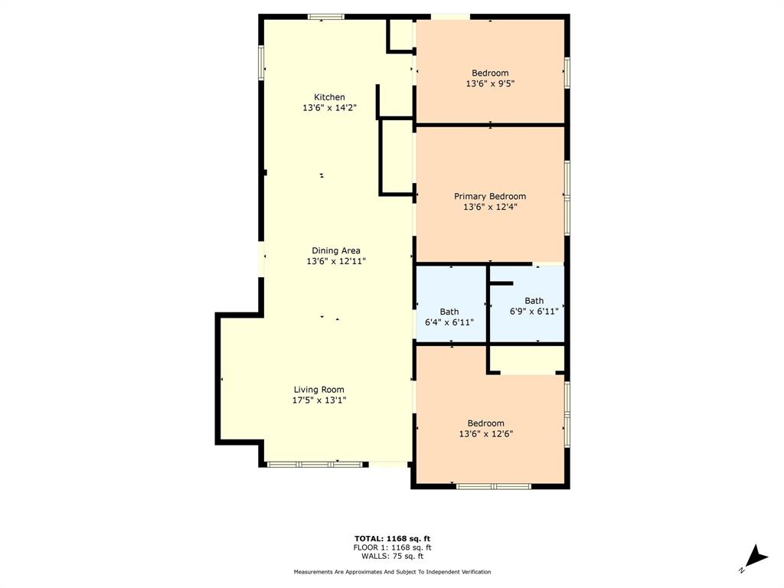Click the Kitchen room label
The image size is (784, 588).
coord(329,97)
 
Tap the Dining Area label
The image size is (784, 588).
coord(335,250)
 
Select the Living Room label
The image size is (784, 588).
coord(319,389)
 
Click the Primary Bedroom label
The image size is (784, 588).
coord(490,196)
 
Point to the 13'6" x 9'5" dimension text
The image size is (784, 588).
coord(490,84)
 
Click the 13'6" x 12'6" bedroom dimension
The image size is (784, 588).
coord(486,434)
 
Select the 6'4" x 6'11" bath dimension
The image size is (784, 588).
coord(449,322)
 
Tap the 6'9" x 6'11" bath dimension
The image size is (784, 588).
coord(534,312)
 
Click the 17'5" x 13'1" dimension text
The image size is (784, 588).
coord(319,400)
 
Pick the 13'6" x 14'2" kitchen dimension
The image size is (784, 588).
coord(329,108)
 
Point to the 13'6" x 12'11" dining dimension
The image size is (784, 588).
coord(335,261)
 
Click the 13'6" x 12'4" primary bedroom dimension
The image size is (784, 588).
coord(490,207)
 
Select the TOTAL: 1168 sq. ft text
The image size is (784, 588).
coord(392,538)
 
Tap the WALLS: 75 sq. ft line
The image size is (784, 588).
coord(392,556)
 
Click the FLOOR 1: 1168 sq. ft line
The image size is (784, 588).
coord(392,547)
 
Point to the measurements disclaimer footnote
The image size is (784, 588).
coord(392,572)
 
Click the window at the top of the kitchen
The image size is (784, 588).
coord(325,16)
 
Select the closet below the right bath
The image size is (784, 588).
coord(527,359)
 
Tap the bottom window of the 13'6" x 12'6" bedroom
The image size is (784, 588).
coord(494,485)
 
